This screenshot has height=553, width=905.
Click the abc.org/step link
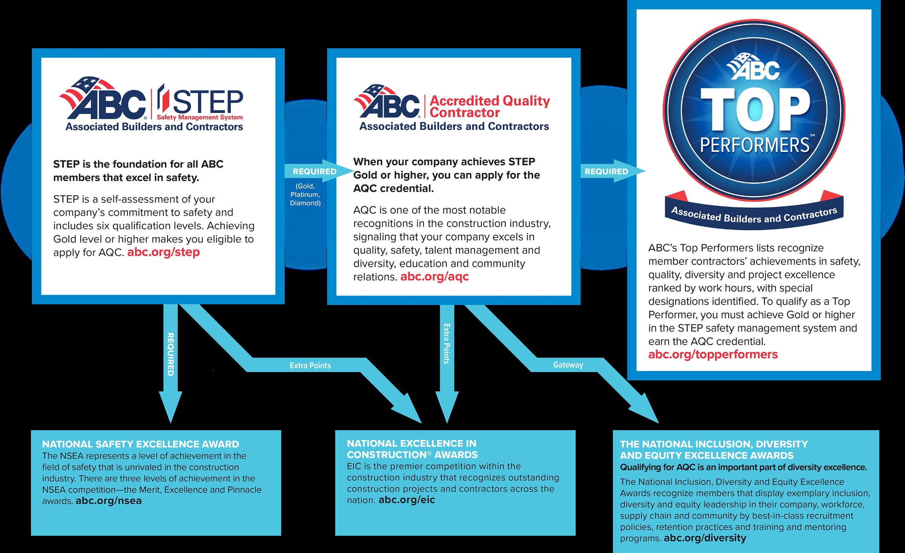(163, 252)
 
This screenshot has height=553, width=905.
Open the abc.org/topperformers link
(713, 355)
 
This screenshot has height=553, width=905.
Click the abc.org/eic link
(407, 500)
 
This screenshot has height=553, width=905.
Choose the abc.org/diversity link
(705, 538)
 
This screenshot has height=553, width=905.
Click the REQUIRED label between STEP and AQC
(314, 171)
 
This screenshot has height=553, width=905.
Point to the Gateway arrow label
(568, 365)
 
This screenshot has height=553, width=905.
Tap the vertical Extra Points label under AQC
(446, 344)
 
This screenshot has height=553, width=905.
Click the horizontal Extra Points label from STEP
(310, 365)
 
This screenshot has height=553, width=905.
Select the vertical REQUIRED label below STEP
(170, 354)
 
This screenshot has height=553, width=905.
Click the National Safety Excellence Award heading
(141, 444)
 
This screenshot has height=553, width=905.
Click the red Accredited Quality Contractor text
(490, 106)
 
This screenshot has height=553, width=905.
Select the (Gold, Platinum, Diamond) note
(305, 195)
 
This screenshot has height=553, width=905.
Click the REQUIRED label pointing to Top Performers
(606, 171)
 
